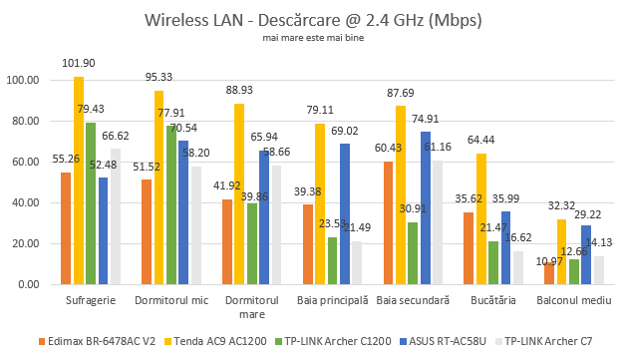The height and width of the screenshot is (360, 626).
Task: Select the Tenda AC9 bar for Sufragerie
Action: coord(78,180)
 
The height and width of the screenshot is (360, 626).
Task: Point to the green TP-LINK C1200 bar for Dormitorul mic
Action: coord(171,204)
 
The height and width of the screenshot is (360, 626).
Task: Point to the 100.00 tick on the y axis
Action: coord(22,80)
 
